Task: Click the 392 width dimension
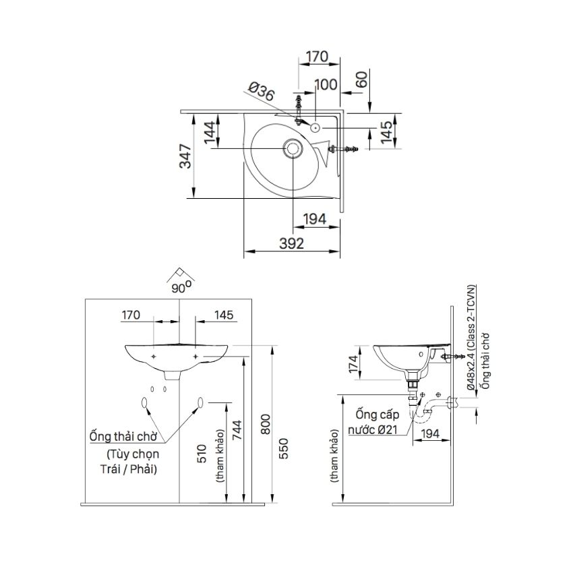[291, 243]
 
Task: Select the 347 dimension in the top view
[185, 156]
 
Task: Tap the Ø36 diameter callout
[261, 92]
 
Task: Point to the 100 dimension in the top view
[326, 85]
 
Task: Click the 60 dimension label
[361, 80]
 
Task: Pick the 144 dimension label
[210, 133]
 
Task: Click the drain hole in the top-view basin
[293, 148]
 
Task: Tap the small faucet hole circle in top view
[315, 127]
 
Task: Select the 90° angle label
[181, 288]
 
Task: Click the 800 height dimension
[266, 424]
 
